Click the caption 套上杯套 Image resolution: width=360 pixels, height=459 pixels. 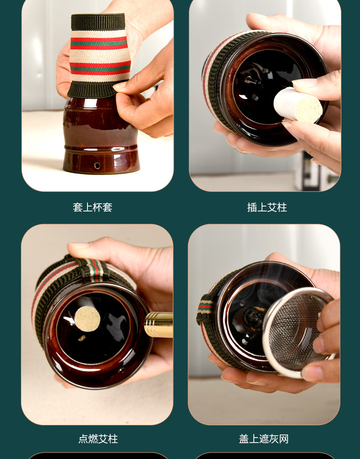[93, 207]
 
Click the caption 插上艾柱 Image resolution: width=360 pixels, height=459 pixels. [267, 207]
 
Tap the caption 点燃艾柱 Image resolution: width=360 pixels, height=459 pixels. [98, 439]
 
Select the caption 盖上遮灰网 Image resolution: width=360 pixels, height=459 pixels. [264, 439]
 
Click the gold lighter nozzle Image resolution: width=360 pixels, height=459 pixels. [158, 325]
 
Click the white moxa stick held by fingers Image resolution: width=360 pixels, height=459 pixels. [298, 105]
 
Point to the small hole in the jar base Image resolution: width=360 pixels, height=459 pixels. [97, 165]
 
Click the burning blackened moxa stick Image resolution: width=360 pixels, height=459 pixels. [253, 318]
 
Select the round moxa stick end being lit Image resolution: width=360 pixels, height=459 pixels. [87, 319]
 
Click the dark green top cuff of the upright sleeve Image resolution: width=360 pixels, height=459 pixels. [98, 22]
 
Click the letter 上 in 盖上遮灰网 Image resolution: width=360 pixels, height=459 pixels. [254, 439]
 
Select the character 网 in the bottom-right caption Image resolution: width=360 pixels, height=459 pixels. [283, 439]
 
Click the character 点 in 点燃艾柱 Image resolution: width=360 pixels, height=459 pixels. [83, 439]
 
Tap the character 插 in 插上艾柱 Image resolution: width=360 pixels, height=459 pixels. [252, 207]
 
